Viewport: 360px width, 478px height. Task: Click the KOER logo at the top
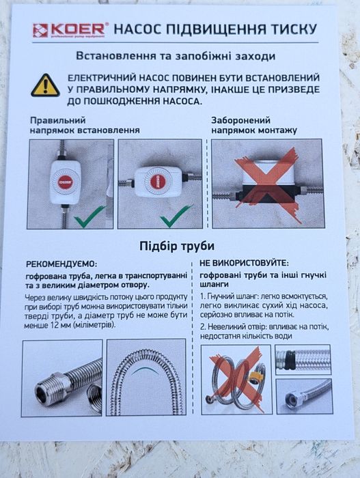coord(70,29)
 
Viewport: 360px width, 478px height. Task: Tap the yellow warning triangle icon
coord(45,85)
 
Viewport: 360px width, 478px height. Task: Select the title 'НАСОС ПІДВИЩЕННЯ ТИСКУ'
coord(214,29)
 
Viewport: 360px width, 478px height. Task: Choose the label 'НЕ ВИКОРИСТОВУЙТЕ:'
coord(244,262)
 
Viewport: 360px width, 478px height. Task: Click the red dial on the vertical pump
coord(66,180)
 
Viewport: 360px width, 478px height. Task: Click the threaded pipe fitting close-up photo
coord(62,378)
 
